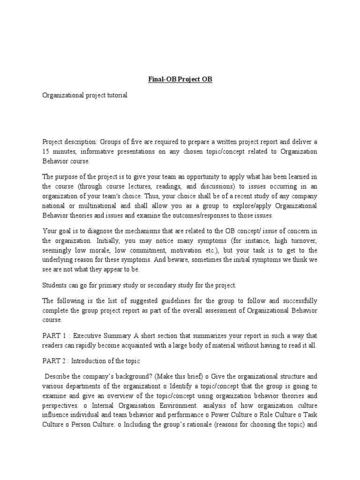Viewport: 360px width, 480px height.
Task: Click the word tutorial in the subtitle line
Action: pyautogui.click(x=115, y=95)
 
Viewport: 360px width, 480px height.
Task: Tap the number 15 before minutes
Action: pyautogui.click(x=46, y=152)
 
